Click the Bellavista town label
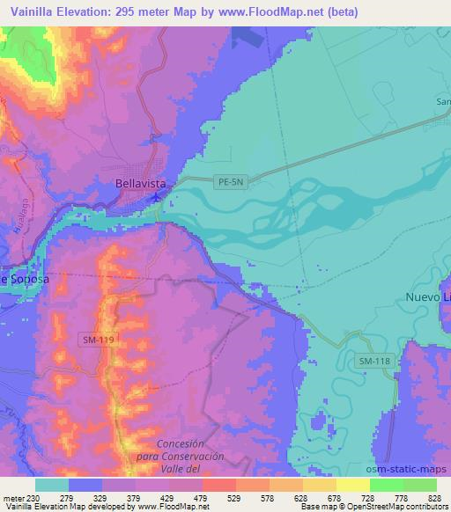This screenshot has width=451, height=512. pos(141,184)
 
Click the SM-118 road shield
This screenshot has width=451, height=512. pos(373,362)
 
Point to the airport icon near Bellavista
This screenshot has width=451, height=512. pos(157,196)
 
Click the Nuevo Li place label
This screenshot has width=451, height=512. pos(428,297)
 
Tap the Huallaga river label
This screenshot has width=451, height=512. pos(19,237)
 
